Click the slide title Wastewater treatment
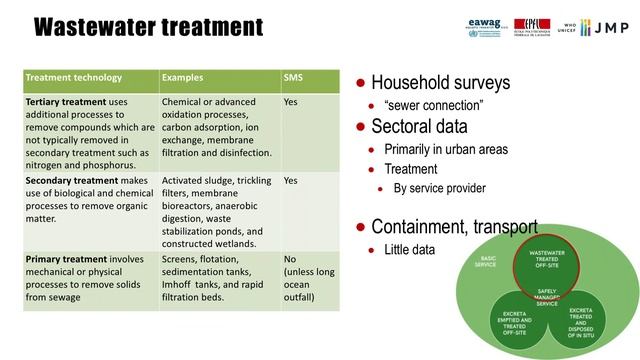click(x=148, y=26)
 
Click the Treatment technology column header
click(x=73, y=78)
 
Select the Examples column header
click(x=186, y=78)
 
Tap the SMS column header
click(x=294, y=78)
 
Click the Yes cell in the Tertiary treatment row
click(x=291, y=102)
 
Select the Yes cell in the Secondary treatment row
click(x=291, y=181)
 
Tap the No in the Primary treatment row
click(x=290, y=259)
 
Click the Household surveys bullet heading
click(x=440, y=83)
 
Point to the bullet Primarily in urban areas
click(x=446, y=149)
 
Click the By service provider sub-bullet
click(x=439, y=188)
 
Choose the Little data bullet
click(x=410, y=249)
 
